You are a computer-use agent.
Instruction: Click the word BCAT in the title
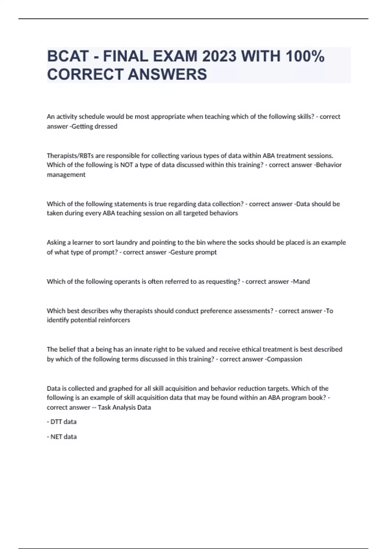click(68, 56)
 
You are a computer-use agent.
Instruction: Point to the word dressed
click(108, 126)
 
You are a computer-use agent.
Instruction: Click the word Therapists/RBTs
click(67, 156)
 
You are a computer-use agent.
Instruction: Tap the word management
click(66, 175)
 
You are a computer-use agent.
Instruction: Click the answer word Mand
click(301, 282)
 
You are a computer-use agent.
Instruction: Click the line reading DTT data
click(62, 422)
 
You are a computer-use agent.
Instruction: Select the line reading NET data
click(62, 437)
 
